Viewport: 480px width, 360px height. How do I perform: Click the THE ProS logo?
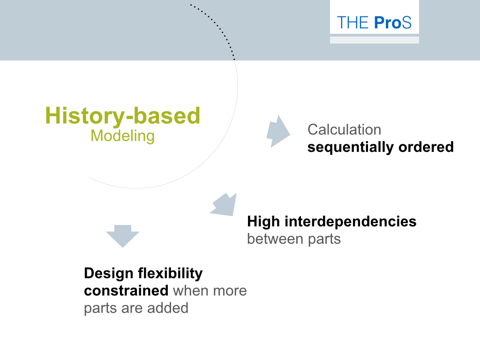[374, 22]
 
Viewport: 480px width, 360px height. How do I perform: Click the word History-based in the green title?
[122, 116]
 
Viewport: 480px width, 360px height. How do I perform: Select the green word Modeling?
[122, 136]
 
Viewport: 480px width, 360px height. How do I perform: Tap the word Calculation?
[345, 129]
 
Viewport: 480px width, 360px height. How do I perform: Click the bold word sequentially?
[351, 147]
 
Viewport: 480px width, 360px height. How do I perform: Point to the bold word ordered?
[426, 147]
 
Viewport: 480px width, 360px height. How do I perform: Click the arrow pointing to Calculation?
[278, 132]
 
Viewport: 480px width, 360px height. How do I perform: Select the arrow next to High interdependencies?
[224, 204]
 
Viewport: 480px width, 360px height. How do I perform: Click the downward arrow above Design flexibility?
[122, 236]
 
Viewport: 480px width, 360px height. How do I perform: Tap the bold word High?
[263, 222]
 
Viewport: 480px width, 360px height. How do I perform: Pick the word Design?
[109, 274]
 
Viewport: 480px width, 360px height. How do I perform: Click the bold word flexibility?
[170, 273]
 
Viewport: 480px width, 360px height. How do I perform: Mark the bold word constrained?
[126, 291]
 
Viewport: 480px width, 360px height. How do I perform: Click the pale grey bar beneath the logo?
[375, 40]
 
